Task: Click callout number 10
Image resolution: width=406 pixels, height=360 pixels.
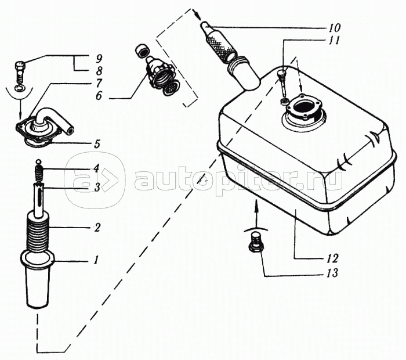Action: click(335, 27)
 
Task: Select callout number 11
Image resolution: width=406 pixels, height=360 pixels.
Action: click(333, 41)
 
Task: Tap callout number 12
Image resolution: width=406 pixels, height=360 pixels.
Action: click(332, 258)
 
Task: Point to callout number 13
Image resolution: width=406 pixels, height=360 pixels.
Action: click(332, 273)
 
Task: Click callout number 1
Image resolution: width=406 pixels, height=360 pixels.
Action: click(96, 260)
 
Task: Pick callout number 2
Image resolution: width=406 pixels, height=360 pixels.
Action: click(97, 228)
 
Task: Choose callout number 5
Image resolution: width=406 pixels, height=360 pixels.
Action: click(97, 143)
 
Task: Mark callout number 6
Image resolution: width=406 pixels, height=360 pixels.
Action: click(99, 96)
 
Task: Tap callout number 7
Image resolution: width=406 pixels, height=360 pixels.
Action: click(99, 84)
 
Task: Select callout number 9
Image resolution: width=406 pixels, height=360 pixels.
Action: click(99, 59)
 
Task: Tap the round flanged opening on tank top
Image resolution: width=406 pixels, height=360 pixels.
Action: click(303, 107)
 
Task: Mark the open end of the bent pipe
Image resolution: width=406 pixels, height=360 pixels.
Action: click(70, 129)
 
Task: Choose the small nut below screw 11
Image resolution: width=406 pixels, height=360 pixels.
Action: click(284, 101)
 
